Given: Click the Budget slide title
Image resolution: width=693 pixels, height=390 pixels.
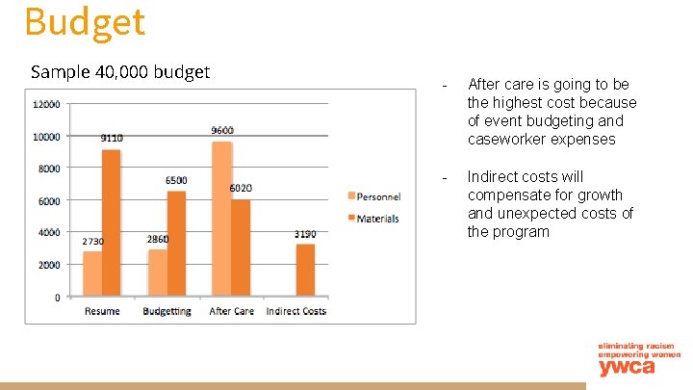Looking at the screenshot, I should pos(85,21).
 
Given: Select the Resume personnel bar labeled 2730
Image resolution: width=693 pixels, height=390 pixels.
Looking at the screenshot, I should pos(92,274).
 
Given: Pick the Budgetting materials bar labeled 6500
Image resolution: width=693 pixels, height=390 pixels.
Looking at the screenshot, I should pos(176,244).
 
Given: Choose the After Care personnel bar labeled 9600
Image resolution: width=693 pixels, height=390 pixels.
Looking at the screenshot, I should pos(221,220).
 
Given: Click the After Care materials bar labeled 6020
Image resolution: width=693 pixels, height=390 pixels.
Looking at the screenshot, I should pos(241,248).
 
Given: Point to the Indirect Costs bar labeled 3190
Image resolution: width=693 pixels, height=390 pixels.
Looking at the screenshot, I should pos(305,271).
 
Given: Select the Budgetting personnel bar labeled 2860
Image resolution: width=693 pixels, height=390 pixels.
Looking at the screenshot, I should pos(157,273).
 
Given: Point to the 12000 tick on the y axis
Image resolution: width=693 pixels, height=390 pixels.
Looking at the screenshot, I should pos(45,104).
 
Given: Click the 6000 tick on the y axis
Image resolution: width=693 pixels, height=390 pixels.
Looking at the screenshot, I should pos(48,200).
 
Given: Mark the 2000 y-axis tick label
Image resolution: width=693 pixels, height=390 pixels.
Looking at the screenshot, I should pos(48,265).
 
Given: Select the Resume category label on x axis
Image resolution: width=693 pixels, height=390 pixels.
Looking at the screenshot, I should pos(102,311).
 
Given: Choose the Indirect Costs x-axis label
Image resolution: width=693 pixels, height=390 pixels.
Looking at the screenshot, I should pos(295,311).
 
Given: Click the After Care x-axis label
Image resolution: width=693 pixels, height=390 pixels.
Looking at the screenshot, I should pos(231,311).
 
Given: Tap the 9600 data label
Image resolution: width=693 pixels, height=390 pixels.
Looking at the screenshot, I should pos(222,130).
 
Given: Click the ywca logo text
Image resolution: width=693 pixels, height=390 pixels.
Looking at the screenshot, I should pos(626,367).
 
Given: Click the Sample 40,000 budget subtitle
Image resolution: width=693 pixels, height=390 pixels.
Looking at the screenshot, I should pos(120,71).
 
